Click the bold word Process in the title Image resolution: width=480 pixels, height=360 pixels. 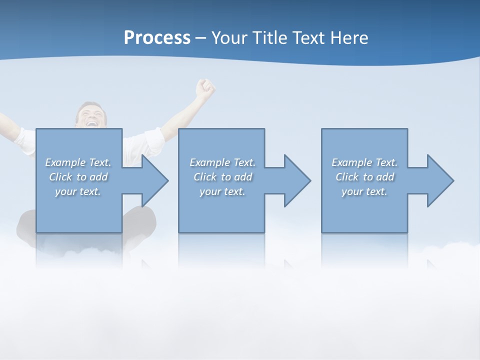[x=157, y=38]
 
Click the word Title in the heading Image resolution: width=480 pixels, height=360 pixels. [x=268, y=38]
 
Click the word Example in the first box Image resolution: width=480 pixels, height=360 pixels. [x=65, y=162]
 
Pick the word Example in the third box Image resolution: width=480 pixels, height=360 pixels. [x=351, y=162]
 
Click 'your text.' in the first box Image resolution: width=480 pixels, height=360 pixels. [x=77, y=191]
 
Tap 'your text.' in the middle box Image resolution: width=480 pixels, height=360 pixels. [x=222, y=191]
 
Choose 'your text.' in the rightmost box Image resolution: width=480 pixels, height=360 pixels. [x=364, y=191]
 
